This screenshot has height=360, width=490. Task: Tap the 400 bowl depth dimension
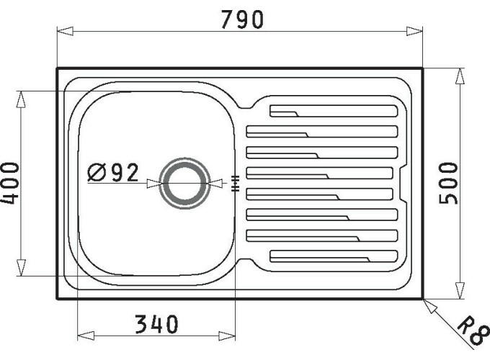click(x=10, y=183)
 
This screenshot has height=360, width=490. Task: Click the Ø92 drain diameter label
click(x=113, y=173)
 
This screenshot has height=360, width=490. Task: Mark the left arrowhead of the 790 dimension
click(x=63, y=31)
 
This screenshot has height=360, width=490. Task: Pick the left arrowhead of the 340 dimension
click(x=83, y=336)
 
